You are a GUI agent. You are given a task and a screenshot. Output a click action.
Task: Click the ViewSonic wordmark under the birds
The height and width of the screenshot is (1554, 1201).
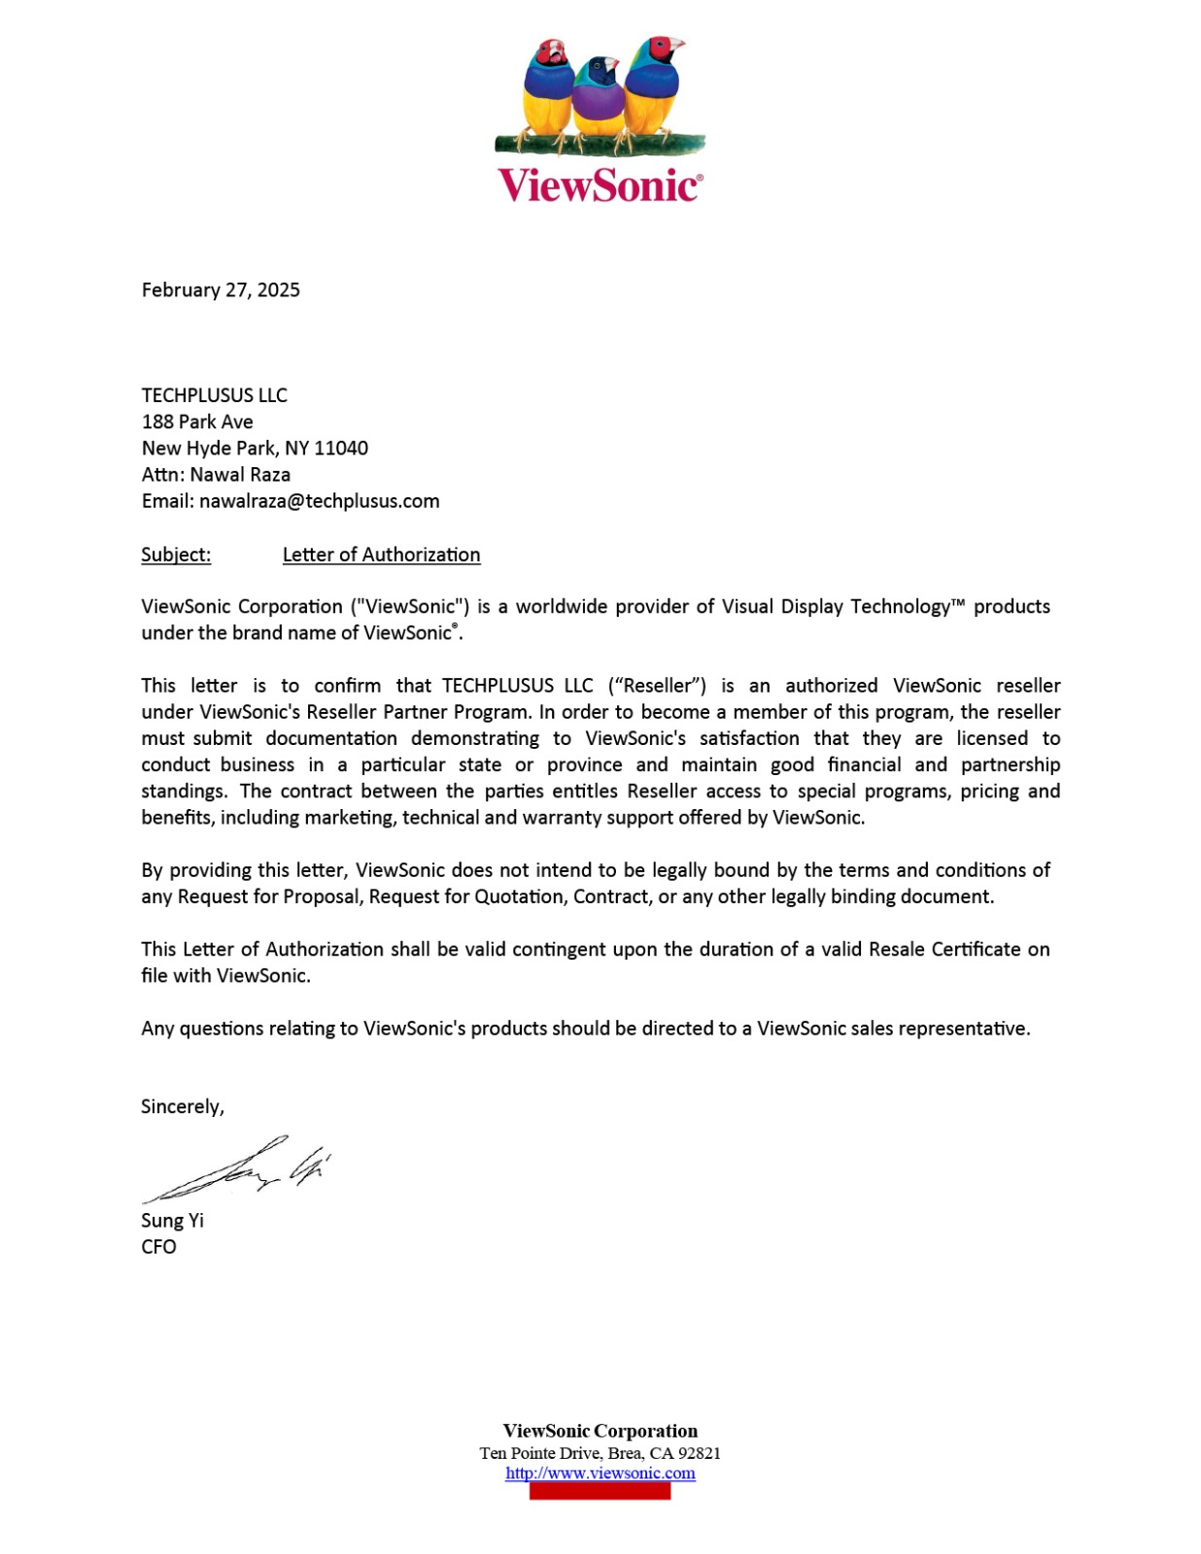click(599, 185)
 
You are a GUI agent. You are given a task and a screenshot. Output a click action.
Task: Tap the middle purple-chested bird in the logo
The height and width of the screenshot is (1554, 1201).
click(599, 97)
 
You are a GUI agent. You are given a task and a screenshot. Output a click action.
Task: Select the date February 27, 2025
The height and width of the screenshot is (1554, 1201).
click(221, 289)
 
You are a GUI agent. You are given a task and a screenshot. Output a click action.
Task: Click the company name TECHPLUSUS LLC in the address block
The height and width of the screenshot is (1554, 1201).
click(214, 395)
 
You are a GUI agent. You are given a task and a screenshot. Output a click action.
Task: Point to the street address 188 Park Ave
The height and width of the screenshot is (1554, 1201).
click(197, 422)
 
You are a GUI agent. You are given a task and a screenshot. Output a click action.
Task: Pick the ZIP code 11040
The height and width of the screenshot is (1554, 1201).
click(341, 448)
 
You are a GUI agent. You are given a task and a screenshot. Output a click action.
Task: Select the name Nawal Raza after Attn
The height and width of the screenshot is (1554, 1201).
click(240, 474)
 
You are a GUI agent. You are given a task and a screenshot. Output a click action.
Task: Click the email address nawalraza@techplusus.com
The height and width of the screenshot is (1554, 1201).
click(319, 501)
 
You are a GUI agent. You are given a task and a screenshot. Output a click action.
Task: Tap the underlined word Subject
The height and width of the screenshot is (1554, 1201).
click(176, 555)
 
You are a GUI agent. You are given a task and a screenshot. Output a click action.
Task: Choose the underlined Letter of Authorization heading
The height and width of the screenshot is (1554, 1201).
click(381, 555)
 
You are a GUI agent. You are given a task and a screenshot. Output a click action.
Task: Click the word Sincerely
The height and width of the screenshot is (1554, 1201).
click(182, 1106)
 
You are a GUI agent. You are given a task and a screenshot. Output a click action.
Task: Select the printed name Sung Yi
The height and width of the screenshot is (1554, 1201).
click(172, 1220)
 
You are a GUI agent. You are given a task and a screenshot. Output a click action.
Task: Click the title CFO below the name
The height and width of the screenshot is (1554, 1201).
click(158, 1246)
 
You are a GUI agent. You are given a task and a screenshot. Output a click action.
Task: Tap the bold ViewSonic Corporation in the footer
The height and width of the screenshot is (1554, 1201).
click(600, 1431)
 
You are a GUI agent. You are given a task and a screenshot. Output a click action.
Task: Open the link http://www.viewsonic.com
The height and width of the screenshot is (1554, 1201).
click(600, 1472)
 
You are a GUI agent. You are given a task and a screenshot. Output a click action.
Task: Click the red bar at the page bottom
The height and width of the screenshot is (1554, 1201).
click(600, 1491)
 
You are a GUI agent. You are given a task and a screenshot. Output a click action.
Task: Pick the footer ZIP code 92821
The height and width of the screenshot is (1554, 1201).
click(699, 1453)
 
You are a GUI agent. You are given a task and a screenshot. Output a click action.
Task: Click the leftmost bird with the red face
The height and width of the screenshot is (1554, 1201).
click(548, 87)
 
